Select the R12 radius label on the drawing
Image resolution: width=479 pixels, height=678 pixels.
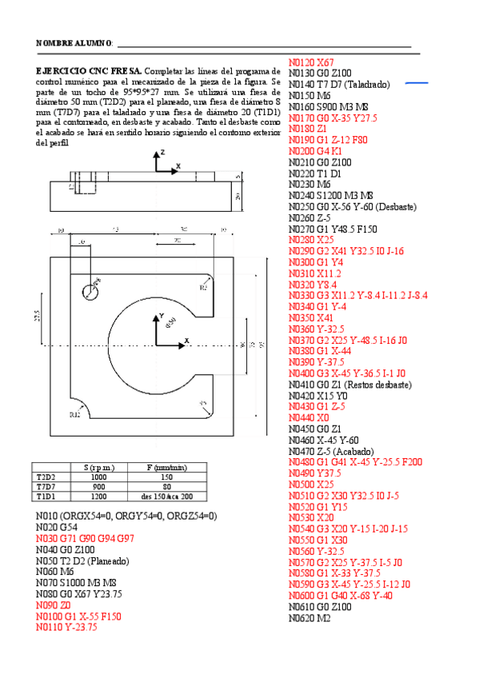click(x=74, y=414)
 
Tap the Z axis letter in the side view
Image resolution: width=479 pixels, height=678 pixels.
click(x=162, y=151)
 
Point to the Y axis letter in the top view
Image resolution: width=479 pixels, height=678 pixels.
click(x=161, y=316)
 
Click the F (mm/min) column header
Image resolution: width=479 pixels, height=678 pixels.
click(x=166, y=466)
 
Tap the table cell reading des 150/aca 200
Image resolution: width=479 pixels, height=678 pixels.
click(x=166, y=496)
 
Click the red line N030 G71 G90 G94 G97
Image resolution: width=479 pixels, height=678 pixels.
click(x=85, y=539)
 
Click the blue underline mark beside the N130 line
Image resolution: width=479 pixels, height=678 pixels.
click(x=417, y=82)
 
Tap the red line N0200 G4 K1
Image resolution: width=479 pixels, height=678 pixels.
click(x=315, y=151)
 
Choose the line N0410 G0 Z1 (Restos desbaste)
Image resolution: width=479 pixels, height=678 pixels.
click(x=349, y=385)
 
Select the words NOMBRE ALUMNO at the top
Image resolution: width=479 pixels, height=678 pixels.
click(x=74, y=42)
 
